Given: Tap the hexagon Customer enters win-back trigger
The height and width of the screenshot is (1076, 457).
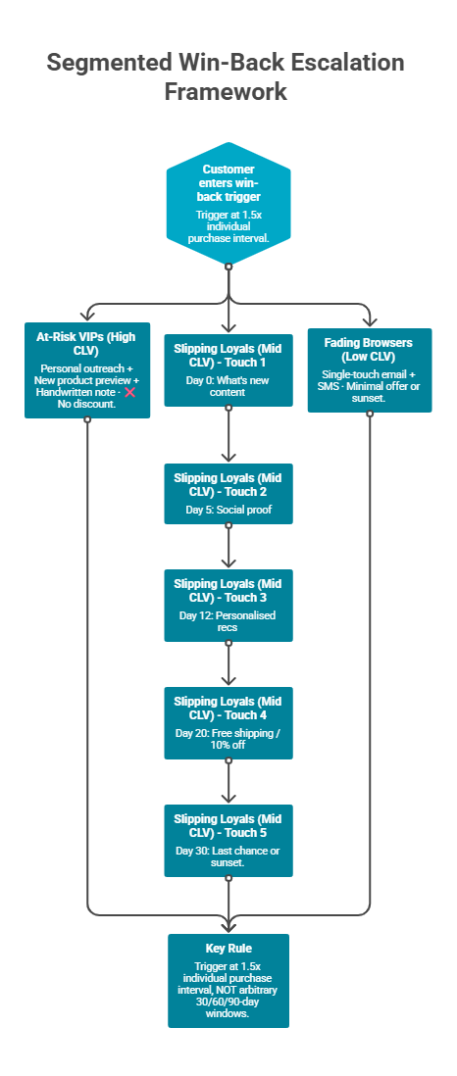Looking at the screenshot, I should (x=228, y=205).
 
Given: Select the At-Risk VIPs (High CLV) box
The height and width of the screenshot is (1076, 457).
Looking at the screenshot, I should (x=87, y=369).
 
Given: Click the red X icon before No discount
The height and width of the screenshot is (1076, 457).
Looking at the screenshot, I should (x=128, y=391).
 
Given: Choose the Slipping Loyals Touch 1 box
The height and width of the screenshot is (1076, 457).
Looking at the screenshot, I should (x=228, y=369).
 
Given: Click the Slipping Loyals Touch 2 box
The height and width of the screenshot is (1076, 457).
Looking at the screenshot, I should (x=228, y=493).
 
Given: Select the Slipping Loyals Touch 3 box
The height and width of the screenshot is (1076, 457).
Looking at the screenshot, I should (x=228, y=605).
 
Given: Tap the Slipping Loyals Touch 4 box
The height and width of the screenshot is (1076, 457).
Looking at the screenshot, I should (x=228, y=722).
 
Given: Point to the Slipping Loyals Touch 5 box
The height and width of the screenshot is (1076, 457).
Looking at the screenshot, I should (x=228, y=839).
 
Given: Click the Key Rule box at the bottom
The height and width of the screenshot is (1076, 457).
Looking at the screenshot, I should (x=228, y=980).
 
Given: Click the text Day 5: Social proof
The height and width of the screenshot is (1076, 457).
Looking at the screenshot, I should (x=228, y=511).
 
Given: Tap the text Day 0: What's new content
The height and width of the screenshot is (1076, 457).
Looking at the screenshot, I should (x=228, y=385).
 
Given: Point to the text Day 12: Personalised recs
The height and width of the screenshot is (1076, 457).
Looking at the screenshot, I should (x=228, y=621).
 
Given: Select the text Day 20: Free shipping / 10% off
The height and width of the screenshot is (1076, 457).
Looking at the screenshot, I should (x=228, y=739).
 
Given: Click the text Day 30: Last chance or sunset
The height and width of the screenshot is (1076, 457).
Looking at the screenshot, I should (x=228, y=856).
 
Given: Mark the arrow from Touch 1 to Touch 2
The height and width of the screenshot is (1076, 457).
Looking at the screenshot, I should (x=228, y=434).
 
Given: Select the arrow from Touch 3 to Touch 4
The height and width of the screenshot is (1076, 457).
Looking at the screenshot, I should (x=228, y=664).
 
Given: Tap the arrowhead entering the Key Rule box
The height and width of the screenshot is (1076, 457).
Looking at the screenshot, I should (x=228, y=926).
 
